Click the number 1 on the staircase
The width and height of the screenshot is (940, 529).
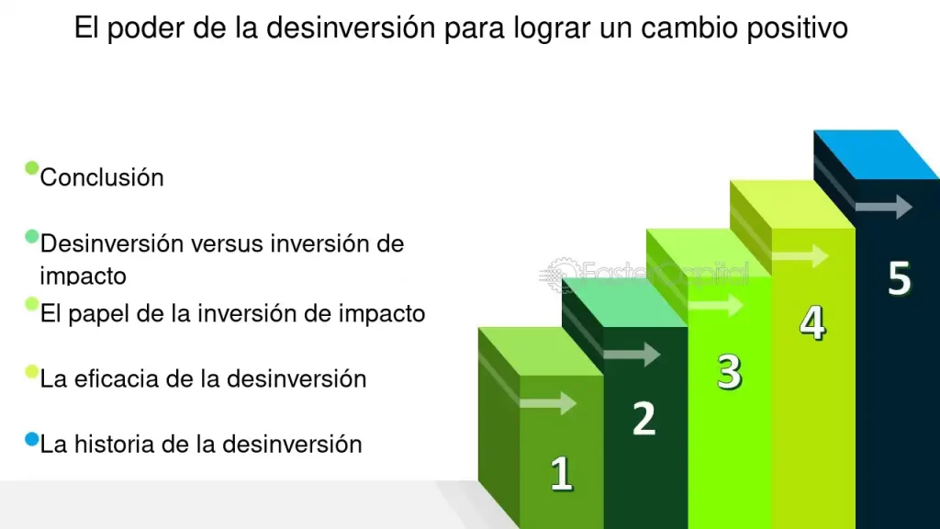click(x=561, y=474)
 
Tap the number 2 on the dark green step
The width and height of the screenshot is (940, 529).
click(x=644, y=418)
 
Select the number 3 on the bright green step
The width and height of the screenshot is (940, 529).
click(x=729, y=373)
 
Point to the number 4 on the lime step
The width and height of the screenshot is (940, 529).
click(x=812, y=323)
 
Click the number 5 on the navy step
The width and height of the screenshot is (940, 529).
click(x=899, y=278)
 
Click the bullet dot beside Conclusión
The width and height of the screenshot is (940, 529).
click(x=31, y=168)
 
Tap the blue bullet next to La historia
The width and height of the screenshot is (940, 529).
click(x=31, y=440)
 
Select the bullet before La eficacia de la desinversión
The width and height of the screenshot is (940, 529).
click(x=31, y=372)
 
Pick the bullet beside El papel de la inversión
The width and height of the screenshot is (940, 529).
click(x=31, y=304)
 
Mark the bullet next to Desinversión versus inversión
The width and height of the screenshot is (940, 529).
click(x=31, y=237)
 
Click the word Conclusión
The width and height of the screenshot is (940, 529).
click(x=102, y=177)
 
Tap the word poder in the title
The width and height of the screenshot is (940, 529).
click(x=139, y=28)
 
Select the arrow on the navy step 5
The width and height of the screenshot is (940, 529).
click(x=883, y=207)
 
